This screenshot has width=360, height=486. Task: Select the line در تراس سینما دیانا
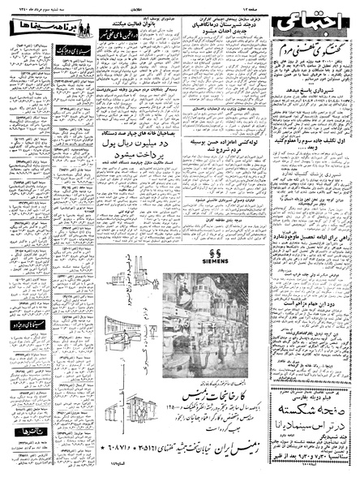coord(311,448)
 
